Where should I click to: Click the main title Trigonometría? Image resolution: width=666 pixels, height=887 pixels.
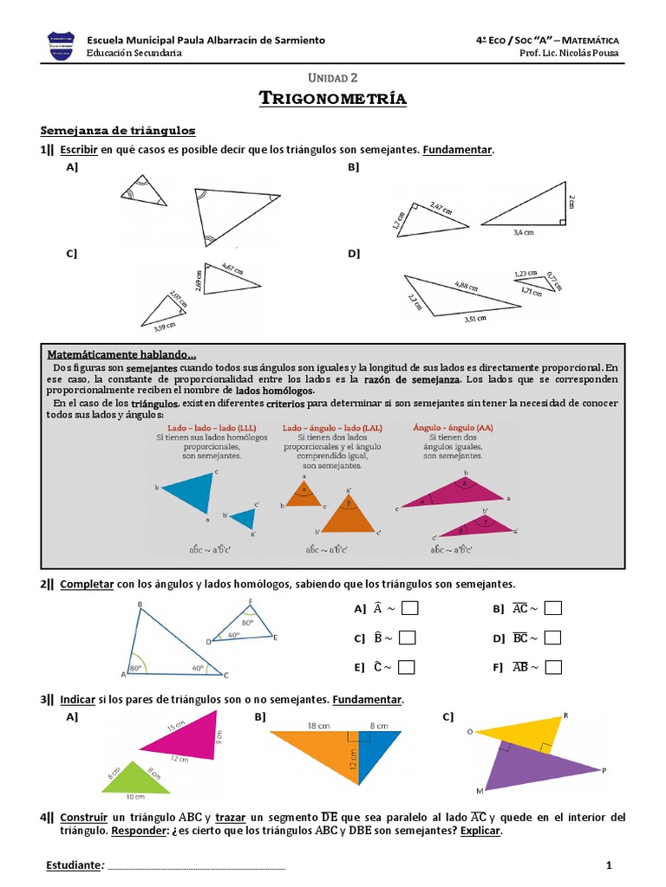tap(333, 99)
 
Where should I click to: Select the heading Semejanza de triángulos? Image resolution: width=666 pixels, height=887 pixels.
tap(118, 131)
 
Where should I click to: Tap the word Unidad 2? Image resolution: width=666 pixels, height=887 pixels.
tap(333, 78)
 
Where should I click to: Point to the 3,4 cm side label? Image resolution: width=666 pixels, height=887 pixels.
tap(523, 233)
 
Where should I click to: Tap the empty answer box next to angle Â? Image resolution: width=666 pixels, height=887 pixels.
tap(410, 609)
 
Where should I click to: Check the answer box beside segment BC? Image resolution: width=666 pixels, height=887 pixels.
tap(553, 638)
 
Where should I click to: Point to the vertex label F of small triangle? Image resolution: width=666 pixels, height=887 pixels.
tap(251, 601)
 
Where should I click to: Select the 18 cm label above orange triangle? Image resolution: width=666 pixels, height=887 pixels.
tap(317, 726)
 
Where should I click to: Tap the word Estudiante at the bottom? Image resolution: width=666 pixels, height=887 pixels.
tap(73, 865)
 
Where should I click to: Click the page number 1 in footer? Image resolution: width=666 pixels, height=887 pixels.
tap(609, 865)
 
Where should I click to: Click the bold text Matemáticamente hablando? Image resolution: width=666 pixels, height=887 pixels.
tap(122, 355)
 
